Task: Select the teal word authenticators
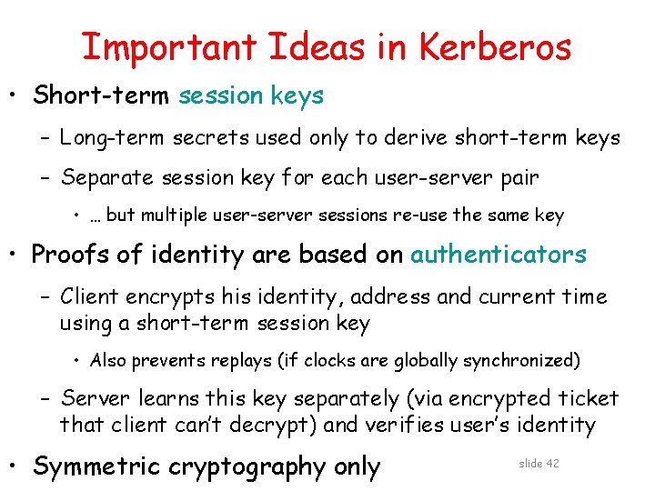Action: click(499, 255)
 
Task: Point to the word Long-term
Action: click(101, 138)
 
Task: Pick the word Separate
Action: click(103, 178)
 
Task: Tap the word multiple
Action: click(174, 215)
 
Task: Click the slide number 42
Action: click(551, 464)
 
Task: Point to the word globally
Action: click(423, 361)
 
